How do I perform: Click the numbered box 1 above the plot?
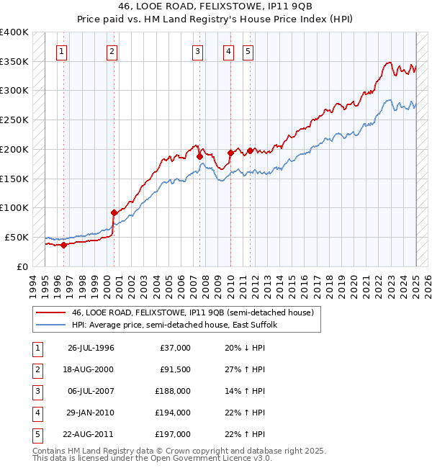click(x=62, y=51)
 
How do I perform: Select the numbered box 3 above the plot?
click(x=197, y=51)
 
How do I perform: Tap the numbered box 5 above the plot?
click(x=248, y=51)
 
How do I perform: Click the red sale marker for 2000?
click(x=114, y=212)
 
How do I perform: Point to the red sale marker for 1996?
click(x=63, y=245)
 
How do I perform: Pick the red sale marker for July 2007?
click(x=199, y=156)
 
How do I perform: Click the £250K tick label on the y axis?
click(x=14, y=120)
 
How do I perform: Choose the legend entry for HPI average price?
click(x=179, y=325)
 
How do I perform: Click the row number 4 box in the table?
click(x=35, y=413)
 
